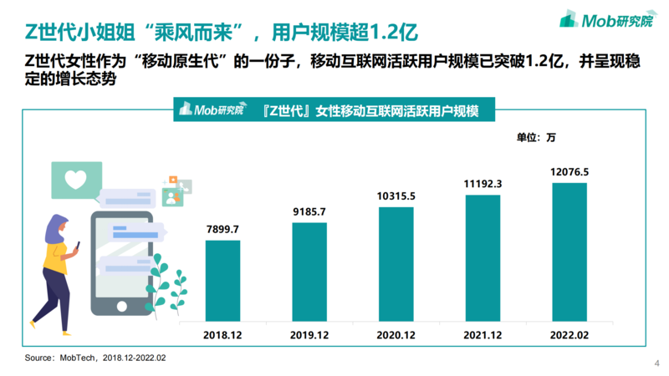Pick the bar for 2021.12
tap(483, 257)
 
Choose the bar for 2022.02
tap(569, 250)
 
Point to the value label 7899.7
tap(223, 228)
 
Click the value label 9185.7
tap(309, 211)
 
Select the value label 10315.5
tap(396, 196)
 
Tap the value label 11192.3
tap(483, 184)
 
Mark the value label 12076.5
tap(569, 172)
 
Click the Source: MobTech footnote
tap(95, 358)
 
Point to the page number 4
tap(656, 363)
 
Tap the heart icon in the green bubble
tap(76, 178)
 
